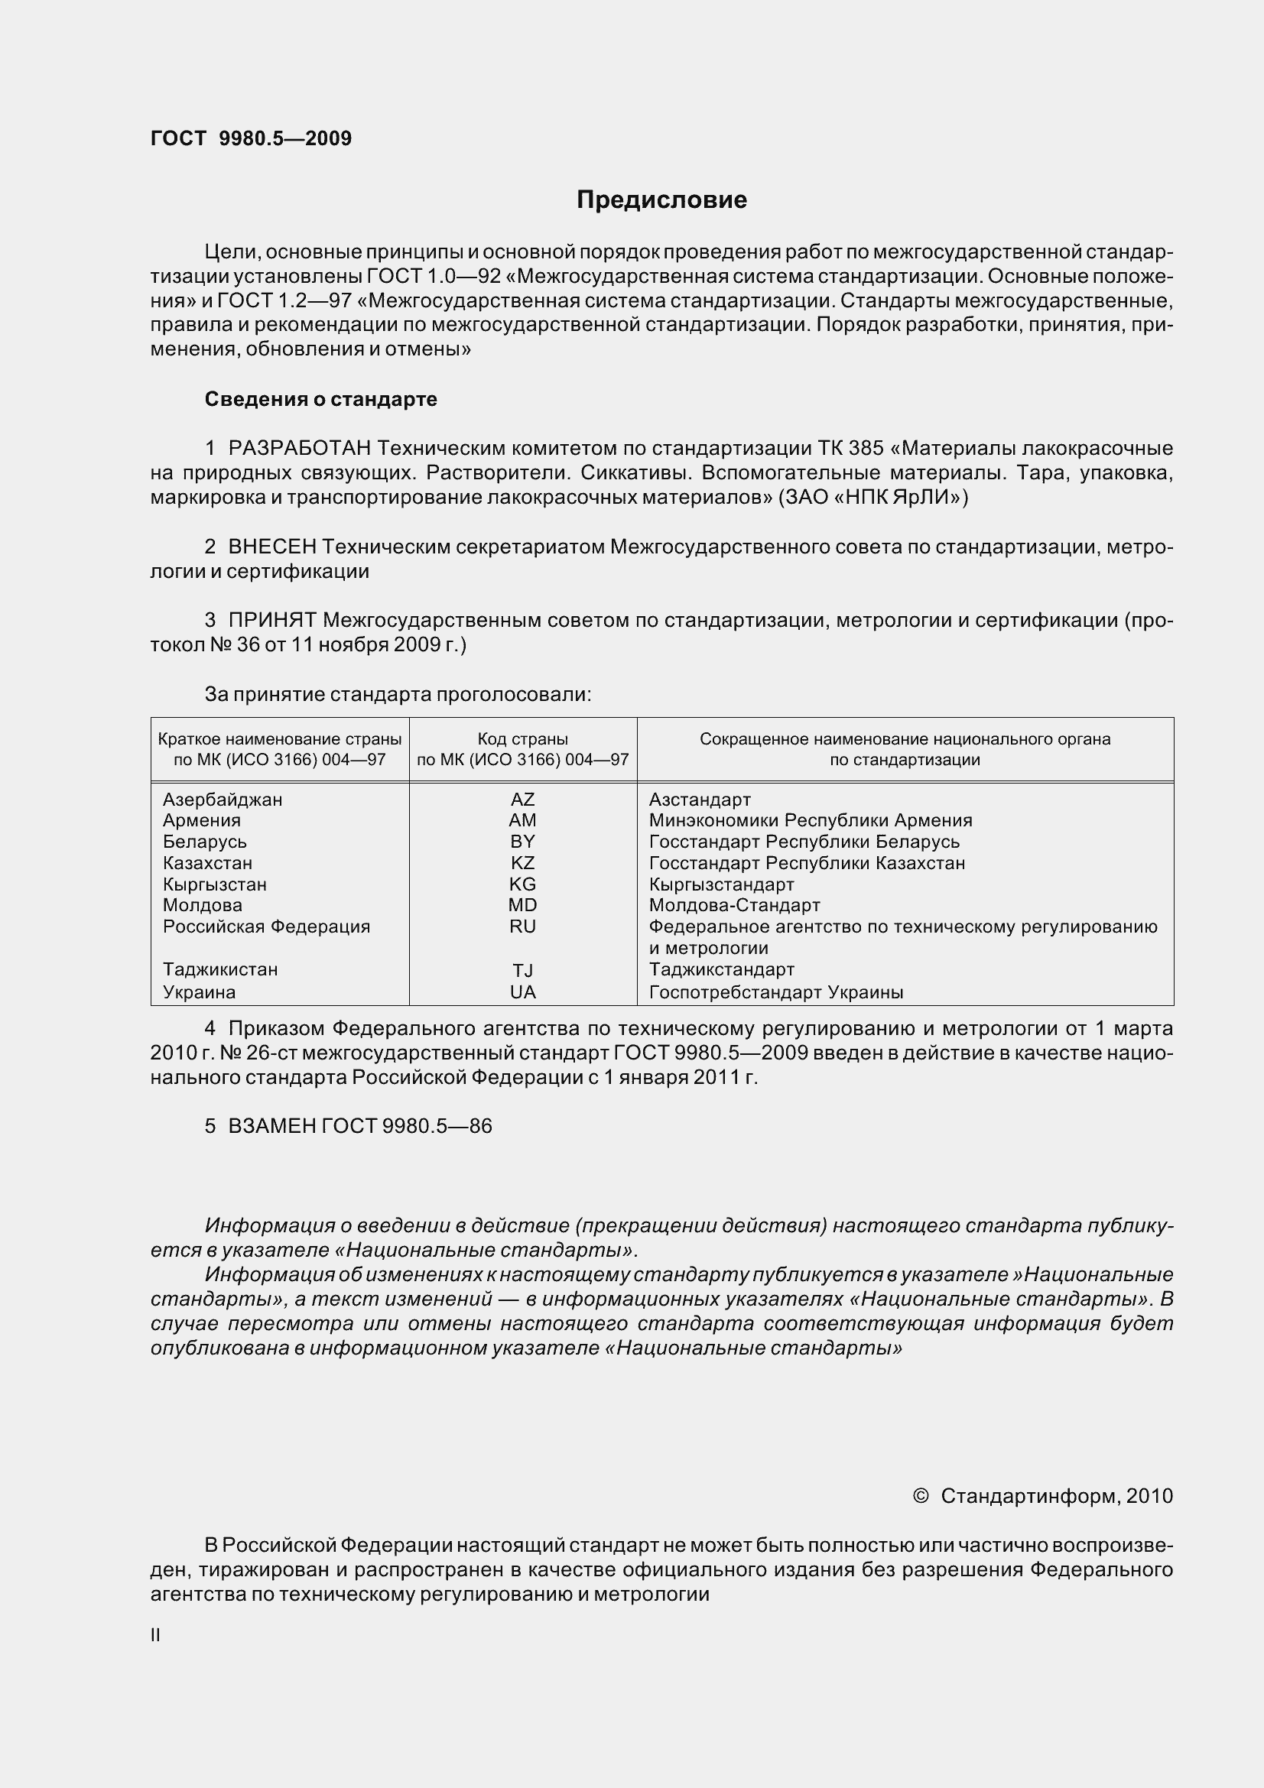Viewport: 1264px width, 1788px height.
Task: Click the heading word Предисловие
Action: (661, 200)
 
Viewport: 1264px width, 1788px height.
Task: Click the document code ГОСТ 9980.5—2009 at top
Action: (251, 138)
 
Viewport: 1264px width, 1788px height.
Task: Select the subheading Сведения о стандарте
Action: (321, 400)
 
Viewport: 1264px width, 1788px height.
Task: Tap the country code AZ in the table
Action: (522, 799)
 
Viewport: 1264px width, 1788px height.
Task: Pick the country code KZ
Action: (522, 863)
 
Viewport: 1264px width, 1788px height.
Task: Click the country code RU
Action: (522, 926)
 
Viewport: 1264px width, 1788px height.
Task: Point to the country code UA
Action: (522, 992)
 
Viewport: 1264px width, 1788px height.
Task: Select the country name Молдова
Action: (203, 905)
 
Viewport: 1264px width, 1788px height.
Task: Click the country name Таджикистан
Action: (220, 969)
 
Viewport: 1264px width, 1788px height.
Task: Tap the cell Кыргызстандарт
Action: (721, 884)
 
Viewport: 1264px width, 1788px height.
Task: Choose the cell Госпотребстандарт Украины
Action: (775, 993)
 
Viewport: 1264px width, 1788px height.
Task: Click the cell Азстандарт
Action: (700, 800)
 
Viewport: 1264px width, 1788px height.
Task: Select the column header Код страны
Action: (522, 739)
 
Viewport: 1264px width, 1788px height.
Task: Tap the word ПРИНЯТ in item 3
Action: (271, 620)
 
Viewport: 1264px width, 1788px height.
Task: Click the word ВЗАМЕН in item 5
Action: (271, 1127)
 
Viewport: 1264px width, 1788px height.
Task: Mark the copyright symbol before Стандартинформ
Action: (920, 1496)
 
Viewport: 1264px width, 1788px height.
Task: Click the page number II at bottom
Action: (156, 1635)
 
